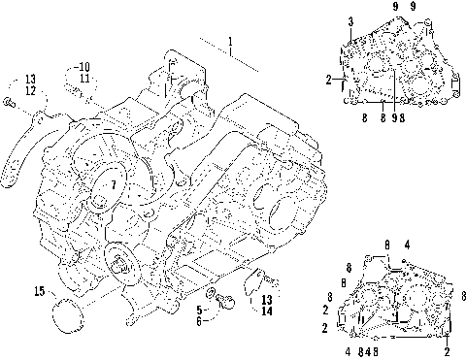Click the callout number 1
pyautogui.click(x=230, y=42)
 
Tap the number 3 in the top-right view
pyautogui.click(x=350, y=22)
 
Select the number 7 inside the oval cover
pyautogui.click(x=114, y=185)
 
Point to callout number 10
pyautogui.click(x=83, y=67)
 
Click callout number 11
pyautogui.click(x=84, y=79)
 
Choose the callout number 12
pyautogui.click(x=30, y=91)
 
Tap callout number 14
pyautogui.click(x=267, y=311)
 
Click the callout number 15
pyautogui.click(x=40, y=291)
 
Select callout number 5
pyautogui.click(x=199, y=311)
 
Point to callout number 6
pyautogui.click(x=199, y=321)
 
